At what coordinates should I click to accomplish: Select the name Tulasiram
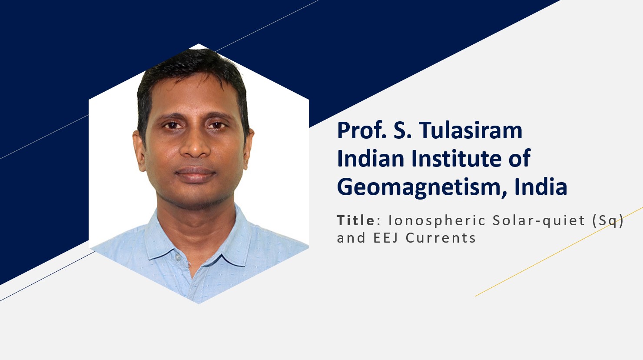coord(471,130)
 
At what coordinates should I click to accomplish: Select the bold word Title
coord(356,220)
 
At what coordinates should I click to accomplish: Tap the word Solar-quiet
coord(539,221)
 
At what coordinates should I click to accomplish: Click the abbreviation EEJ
coord(386,238)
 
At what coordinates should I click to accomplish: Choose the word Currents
coord(441,238)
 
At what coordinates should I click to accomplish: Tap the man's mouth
coord(196,174)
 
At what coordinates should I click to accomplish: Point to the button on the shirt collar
coord(178,257)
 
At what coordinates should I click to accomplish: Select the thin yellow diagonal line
coord(559,251)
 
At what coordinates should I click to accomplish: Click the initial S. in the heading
coord(402,131)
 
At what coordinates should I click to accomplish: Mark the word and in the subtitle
coord(351,238)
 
